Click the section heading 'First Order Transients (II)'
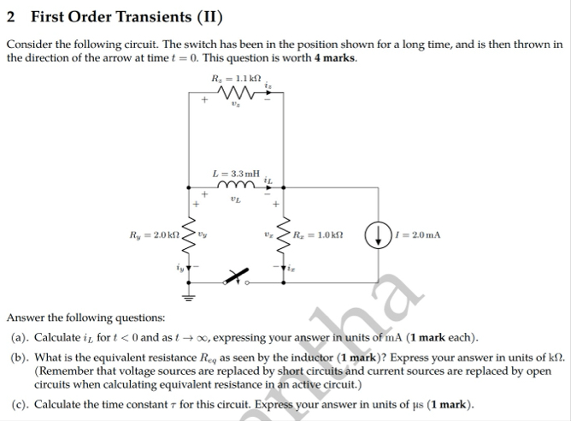123,17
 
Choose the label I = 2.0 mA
418,234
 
